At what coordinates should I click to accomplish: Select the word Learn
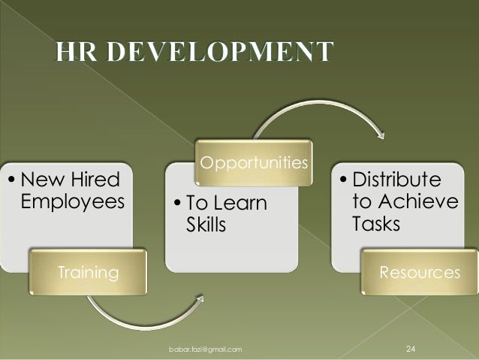coord(240,204)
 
